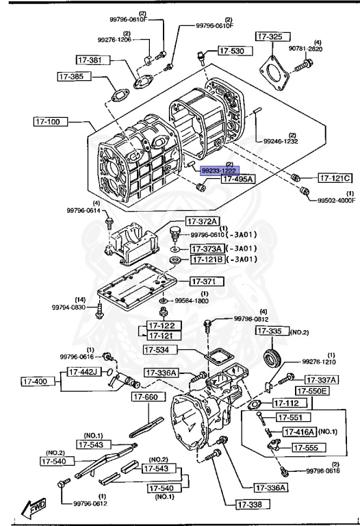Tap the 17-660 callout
pos(148,397)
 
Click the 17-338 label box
pos(253,505)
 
